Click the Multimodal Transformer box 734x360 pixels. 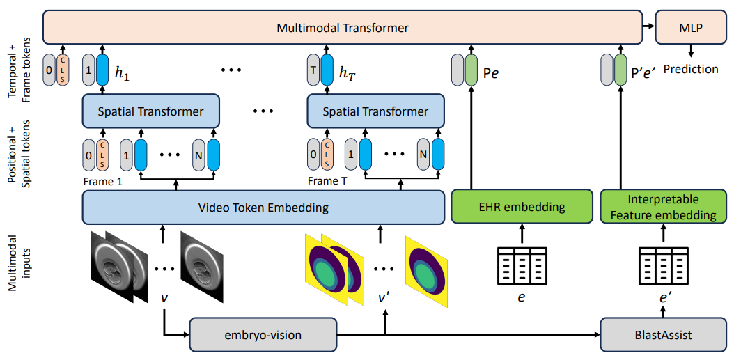(x=342, y=28)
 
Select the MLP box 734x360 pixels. (x=691, y=28)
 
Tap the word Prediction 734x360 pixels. (x=691, y=70)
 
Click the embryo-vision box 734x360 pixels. (x=263, y=335)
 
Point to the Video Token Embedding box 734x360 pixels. (x=263, y=207)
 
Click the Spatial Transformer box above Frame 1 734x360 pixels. (x=150, y=111)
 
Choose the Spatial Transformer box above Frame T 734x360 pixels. (x=375, y=111)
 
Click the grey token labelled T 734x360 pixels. (x=313, y=70)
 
